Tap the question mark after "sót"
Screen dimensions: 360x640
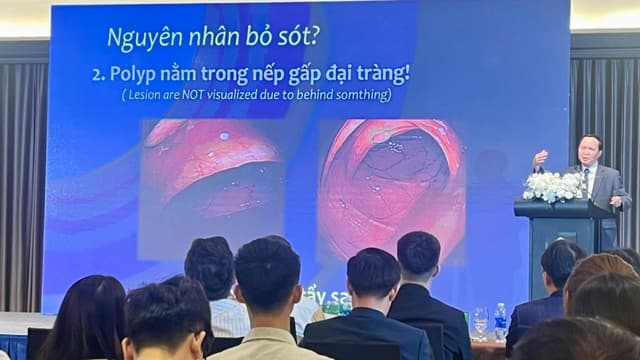(315, 38)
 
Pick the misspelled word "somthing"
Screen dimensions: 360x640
(359, 95)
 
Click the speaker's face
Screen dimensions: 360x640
(591, 149)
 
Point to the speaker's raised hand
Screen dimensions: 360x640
(541, 158)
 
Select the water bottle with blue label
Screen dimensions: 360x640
(500, 322)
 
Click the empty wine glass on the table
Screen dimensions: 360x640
(481, 322)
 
